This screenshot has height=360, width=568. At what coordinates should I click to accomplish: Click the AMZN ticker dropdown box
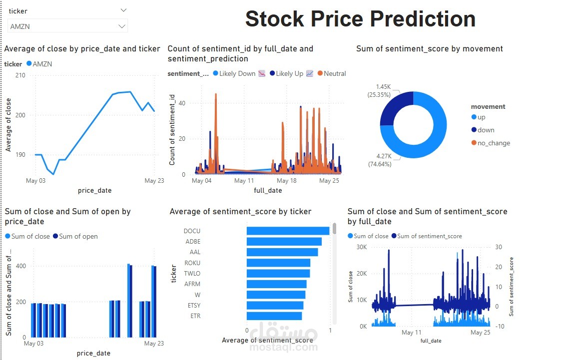tap(67, 26)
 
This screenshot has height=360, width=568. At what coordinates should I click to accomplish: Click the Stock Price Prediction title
tap(360, 19)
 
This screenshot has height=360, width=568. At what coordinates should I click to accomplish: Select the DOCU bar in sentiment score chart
tap(288, 231)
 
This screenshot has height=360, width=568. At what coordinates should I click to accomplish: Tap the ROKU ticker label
tap(192, 263)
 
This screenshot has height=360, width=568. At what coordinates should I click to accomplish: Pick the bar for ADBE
tap(284, 242)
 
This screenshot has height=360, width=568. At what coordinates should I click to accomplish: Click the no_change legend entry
tap(494, 143)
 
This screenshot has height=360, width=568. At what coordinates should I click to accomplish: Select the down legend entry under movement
tap(486, 130)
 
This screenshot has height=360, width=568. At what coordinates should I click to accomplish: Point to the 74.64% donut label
tap(379, 160)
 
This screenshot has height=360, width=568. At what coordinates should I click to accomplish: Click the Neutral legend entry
tap(334, 73)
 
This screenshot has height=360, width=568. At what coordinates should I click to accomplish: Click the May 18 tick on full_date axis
tap(286, 181)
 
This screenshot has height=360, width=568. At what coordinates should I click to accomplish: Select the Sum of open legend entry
tap(78, 236)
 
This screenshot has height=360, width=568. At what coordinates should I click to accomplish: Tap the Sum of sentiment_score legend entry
tap(429, 236)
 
